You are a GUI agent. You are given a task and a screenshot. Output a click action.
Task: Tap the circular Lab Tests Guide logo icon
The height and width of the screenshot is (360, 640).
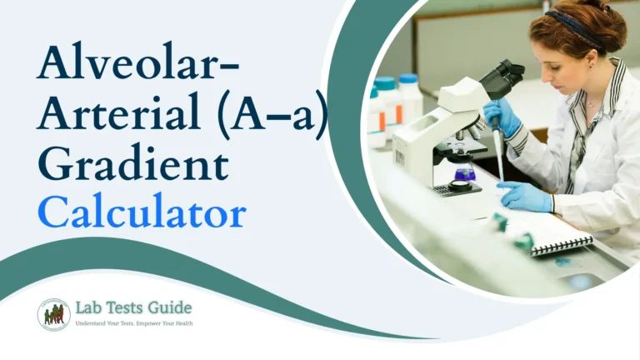coord(53,314)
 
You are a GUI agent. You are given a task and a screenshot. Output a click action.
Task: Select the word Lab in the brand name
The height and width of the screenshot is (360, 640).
coord(88,309)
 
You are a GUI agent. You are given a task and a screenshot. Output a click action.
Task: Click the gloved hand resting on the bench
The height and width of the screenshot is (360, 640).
coord(523,197)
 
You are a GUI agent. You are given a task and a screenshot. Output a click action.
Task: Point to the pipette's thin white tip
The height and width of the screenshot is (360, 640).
coord(498,166)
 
